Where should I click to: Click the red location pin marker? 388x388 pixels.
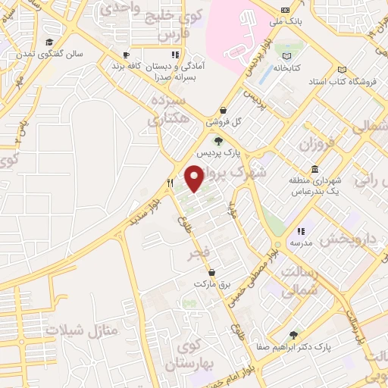click(195, 178)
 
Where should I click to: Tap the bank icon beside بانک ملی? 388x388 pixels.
click(284, 9)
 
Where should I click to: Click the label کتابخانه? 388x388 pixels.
click(286, 67)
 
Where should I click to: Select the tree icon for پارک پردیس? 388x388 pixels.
click(218, 140)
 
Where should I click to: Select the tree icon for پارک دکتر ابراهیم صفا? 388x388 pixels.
click(293, 335)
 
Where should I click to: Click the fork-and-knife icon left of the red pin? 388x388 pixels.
click(171, 183)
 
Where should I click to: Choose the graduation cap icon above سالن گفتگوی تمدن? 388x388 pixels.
click(50, 42)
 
